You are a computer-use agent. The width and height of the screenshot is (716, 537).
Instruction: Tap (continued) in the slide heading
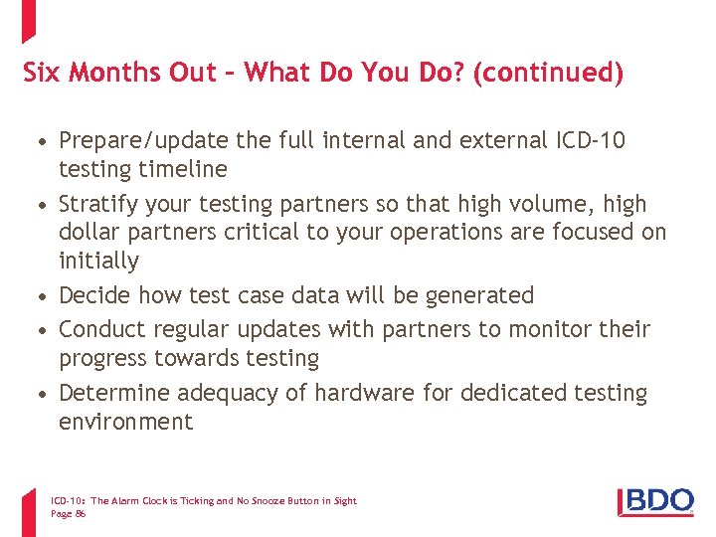[x=549, y=74]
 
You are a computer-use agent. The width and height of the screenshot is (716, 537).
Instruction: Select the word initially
[x=98, y=261]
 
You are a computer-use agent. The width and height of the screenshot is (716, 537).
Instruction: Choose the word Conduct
[x=102, y=329]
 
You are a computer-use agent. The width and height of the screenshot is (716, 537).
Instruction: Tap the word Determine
[x=112, y=393]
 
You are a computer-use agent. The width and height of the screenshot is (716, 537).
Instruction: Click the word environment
[x=125, y=422]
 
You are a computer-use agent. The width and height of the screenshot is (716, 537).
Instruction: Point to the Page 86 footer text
[x=68, y=513]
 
